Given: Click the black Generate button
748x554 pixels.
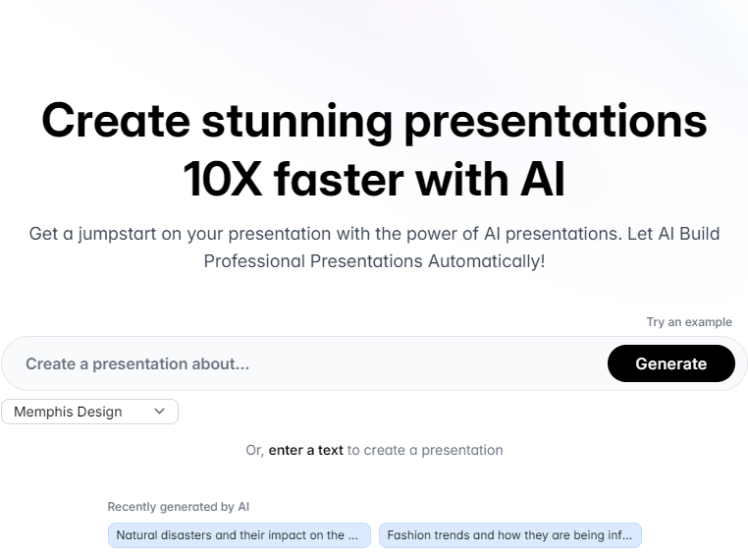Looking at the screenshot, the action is point(670,363).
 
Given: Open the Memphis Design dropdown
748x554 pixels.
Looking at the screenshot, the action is point(89,412).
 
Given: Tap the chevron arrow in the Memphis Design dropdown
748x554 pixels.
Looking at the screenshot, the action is point(160,411).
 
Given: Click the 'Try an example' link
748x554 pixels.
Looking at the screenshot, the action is point(689,322).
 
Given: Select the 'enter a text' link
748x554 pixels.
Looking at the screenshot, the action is point(306,450).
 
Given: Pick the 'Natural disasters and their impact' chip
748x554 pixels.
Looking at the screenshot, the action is point(239,535).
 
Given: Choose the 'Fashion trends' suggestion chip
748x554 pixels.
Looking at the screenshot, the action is point(510,535).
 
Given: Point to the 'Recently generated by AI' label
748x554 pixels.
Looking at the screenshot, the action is point(179,507).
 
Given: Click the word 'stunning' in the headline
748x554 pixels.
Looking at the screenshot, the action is point(296,122).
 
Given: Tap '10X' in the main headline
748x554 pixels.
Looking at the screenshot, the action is point(222,179).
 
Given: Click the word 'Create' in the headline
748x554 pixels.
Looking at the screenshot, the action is point(116,120).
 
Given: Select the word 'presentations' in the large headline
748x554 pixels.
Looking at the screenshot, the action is point(556,123).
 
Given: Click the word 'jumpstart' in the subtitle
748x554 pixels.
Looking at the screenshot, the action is point(118,235).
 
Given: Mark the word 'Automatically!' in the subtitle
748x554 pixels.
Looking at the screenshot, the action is point(487,261).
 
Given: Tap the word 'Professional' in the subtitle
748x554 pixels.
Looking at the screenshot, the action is point(254,261).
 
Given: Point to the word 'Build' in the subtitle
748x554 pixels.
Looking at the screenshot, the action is point(699,234).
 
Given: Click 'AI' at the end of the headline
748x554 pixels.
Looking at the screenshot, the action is point(543,179).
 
